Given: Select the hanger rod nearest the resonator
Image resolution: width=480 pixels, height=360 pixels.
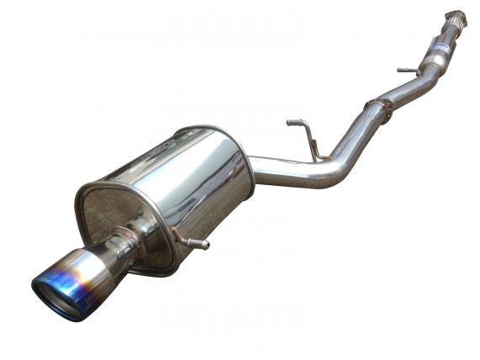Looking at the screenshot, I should tap(408, 71).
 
